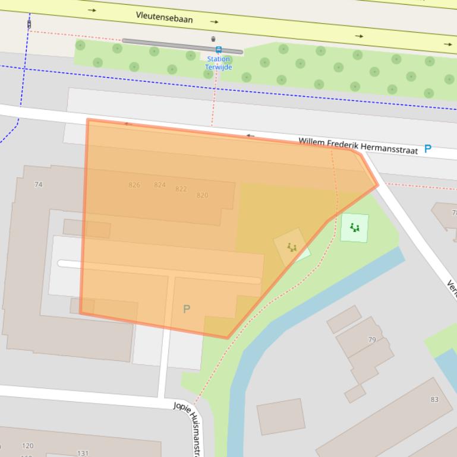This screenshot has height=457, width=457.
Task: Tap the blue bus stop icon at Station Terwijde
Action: (x=219, y=50)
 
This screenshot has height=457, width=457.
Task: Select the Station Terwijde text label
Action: (x=219, y=63)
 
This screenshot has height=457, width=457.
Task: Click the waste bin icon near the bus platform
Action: (x=213, y=39)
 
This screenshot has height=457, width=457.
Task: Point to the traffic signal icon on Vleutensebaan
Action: (x=29, y=24)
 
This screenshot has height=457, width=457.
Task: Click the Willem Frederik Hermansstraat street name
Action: (x=358, y=145)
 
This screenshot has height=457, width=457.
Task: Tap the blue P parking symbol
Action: (x=427, y=150)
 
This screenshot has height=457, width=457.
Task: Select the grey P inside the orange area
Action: (x=187, y=309)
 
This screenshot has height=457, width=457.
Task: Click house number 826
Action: (x=134, y=185)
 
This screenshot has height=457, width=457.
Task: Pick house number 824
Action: (x=160, y=185)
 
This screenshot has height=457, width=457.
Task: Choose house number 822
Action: (x=181, y=189)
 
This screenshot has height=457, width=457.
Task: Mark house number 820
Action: (x=202, y=195)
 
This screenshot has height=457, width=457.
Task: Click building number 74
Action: (x=39, y=185)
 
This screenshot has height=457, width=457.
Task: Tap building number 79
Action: (x=372, y=340)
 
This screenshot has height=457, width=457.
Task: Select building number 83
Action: (x=434, y=399)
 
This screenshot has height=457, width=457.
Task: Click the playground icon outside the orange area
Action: (x=355, y=227)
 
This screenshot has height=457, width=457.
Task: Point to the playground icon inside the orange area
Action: (x=291, y=247)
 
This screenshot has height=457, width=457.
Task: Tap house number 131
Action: (x=83, y=453)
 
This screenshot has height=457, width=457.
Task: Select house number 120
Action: (x=27, y=446)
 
